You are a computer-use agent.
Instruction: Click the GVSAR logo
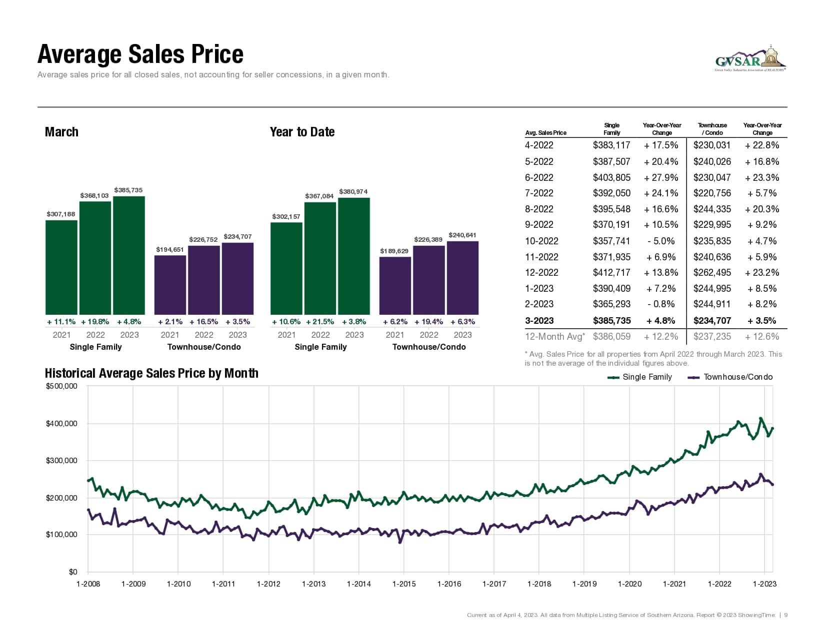[750, 59]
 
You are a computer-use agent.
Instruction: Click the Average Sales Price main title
[140, 54]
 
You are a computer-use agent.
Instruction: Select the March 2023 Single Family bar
[129, 255]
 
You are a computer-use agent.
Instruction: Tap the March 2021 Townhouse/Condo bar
[170, 284]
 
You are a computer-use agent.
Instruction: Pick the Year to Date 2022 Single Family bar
[320, 258]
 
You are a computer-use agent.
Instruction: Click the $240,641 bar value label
[462, 235]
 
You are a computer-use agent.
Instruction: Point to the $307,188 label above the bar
[61, 214]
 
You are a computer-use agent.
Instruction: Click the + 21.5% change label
[320, 322]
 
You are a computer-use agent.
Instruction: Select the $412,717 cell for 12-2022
[611, 273]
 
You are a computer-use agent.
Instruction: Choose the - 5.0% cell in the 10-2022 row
[661, 241]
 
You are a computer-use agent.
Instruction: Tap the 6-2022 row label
[539, 177]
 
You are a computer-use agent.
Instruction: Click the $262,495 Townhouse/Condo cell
[712, 273]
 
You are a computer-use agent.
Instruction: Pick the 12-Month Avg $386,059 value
[611, 337]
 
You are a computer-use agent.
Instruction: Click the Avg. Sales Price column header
[545, 133]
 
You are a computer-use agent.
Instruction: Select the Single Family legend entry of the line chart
[640, 377]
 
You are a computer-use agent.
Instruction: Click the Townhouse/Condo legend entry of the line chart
[730, 377]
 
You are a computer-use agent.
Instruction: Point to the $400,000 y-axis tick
[61, 424]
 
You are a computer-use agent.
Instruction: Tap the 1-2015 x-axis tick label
[404, 584]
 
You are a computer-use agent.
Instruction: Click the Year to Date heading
[302, 132]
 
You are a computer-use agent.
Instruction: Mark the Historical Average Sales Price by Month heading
[151, 373]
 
